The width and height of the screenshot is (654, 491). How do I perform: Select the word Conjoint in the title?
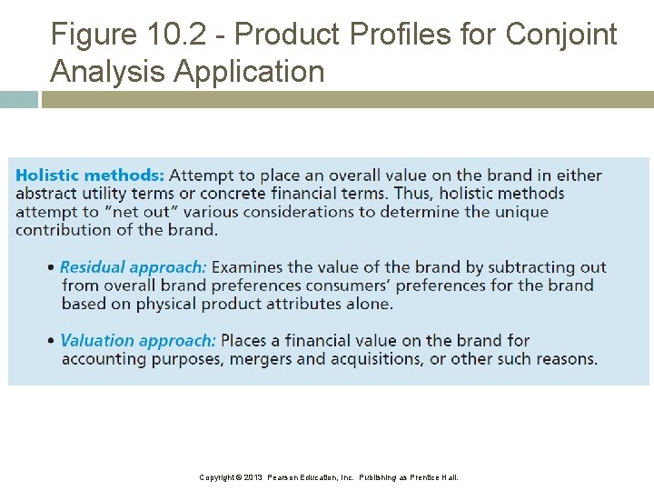tap(560, 35)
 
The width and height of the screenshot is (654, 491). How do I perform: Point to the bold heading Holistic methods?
tap(90, 175)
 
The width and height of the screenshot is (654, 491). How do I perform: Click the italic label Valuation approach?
tap(138, 341)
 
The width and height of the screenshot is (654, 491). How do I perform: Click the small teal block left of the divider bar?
tap(18, 99)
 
